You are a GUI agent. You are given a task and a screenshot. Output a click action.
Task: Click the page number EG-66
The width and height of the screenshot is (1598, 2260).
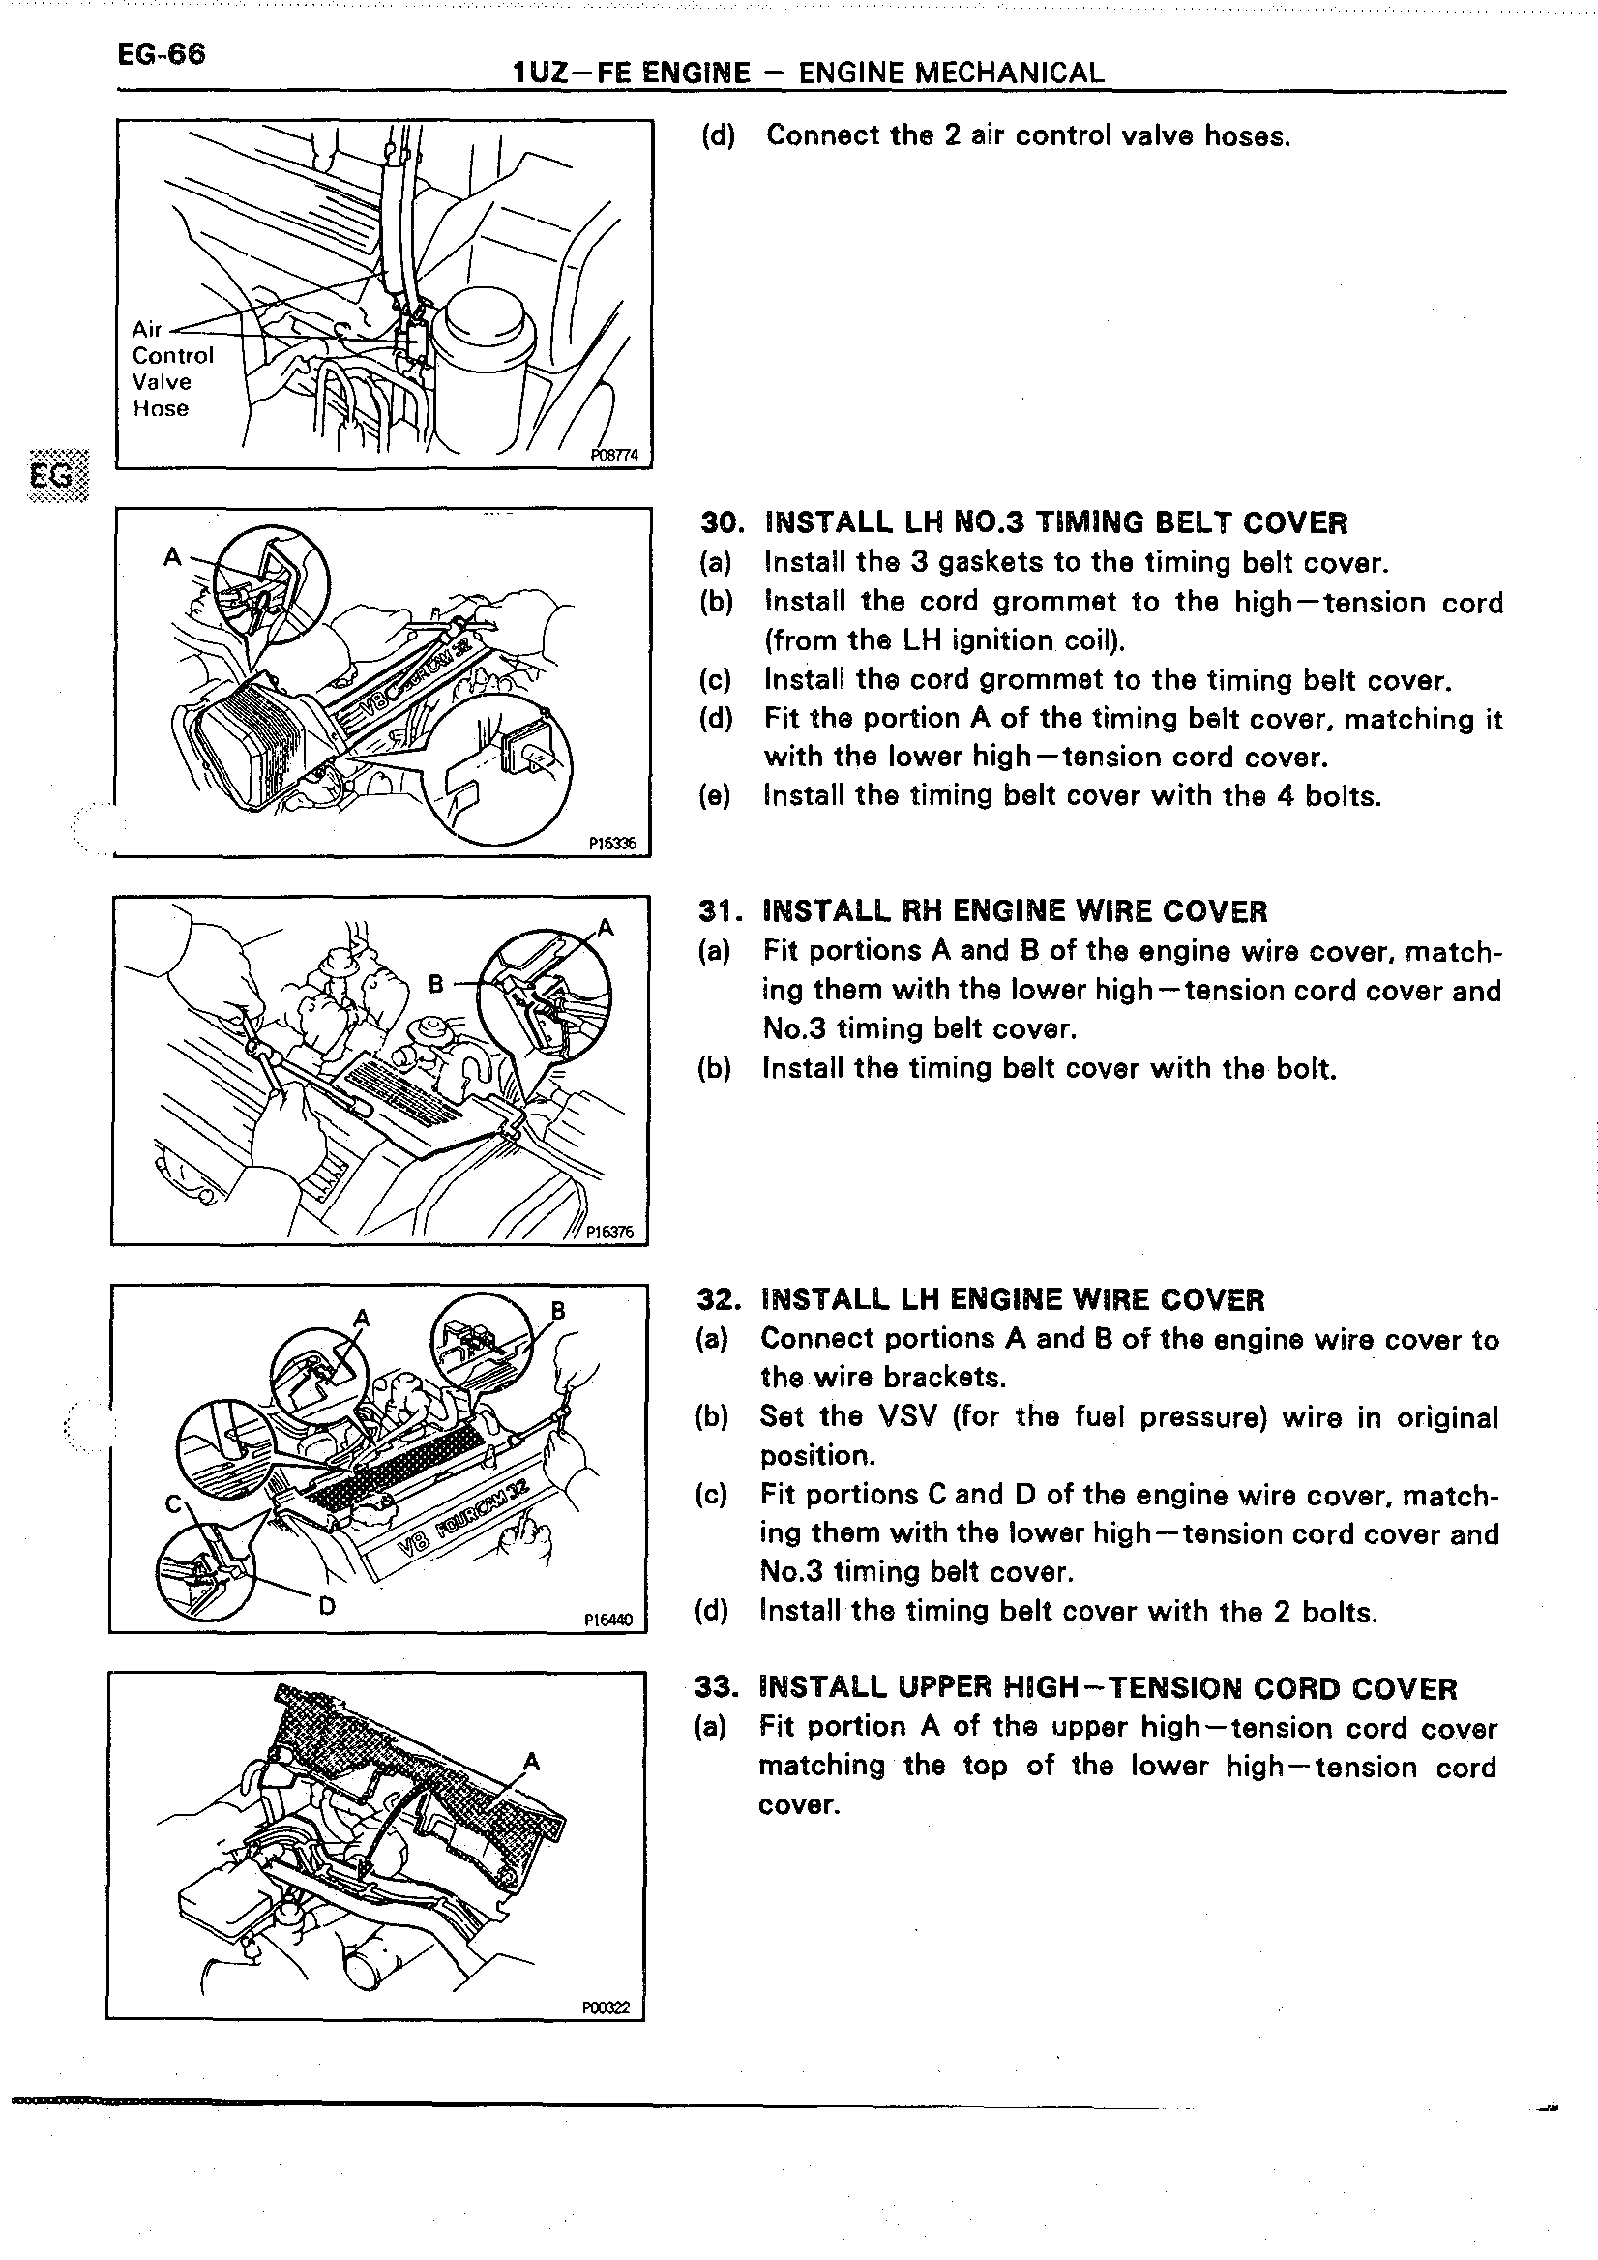[x=162, y=53]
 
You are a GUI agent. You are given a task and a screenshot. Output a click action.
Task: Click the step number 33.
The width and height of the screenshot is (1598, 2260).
[x=715, y=1687]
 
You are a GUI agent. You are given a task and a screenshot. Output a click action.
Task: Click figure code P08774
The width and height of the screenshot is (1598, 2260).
[x=614, y=455]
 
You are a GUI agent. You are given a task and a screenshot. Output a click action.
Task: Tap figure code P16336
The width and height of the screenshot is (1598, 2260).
[x=613, y=843]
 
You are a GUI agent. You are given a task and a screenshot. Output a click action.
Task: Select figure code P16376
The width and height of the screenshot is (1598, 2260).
[x=610, y=1232]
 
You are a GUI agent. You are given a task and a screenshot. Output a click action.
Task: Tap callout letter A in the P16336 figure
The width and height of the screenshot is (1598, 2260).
[x=172, y=557]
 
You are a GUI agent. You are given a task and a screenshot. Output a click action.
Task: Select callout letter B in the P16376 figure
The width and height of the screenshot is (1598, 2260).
[x=436, y=982]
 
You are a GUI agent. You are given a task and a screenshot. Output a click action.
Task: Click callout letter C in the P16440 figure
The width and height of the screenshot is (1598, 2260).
[x=173, y=1504]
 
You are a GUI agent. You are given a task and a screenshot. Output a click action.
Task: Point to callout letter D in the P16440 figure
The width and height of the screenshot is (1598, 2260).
[x=327, y=1606]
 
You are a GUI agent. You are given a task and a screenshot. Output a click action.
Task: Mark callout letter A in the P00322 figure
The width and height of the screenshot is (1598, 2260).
[x=532, y=1761]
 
